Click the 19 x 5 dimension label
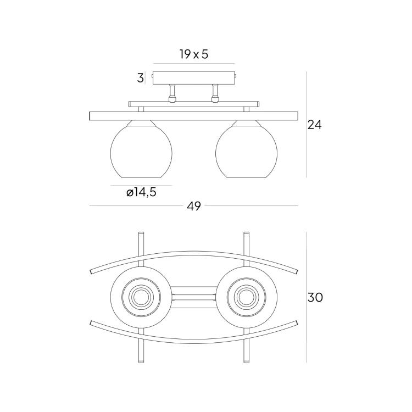[194, 54]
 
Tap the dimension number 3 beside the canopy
[140, 78]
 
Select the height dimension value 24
[315, 125]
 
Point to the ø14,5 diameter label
[141, 192]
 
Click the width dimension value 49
[194, 206]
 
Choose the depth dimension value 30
[315, 297]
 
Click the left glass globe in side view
[141, 151]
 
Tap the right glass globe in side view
[247, 151]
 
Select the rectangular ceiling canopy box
[194, 78]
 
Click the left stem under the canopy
[172, 93]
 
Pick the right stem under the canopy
[215, 93]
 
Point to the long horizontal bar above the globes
[194, 116]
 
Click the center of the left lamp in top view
[141, 297]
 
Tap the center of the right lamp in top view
[247, 297]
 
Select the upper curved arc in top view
[194, 253]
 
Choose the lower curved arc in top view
[194, 341]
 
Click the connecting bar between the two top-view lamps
[194, 297]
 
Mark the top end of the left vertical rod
[141, 232]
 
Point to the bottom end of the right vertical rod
[247, 362]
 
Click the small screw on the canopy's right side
[236, 76]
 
